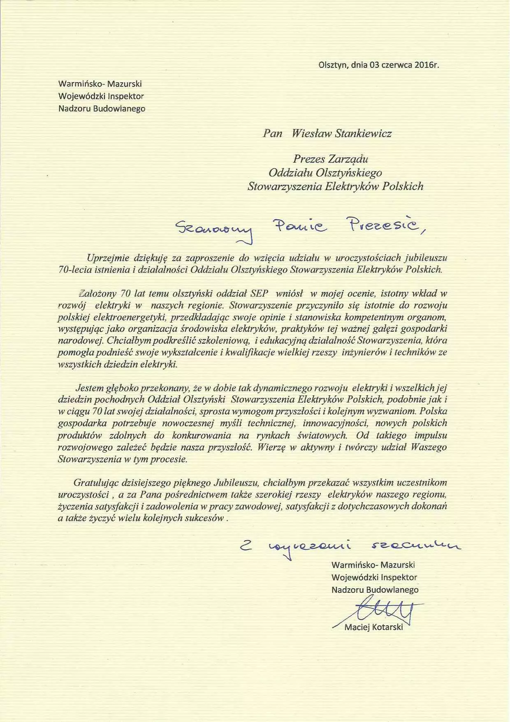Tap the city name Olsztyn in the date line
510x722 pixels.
tap(333, 65)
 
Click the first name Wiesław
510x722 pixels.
tap(311, 133)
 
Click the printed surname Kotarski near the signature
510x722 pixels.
tap(387, 627)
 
